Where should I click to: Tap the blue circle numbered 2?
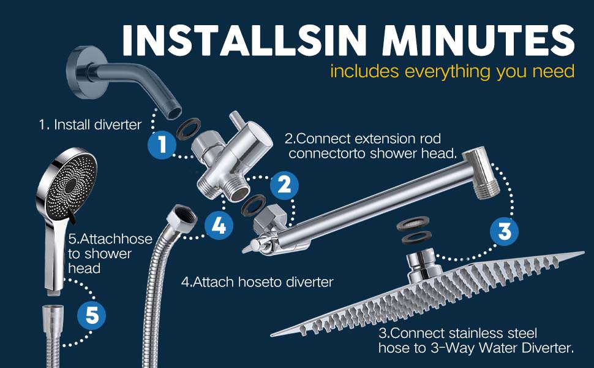click(x=282, y=185)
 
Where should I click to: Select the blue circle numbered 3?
click(x=503, y=232)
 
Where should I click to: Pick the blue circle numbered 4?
click(x=219, y=226)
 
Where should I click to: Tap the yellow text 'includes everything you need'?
click(x=452, y=71)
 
